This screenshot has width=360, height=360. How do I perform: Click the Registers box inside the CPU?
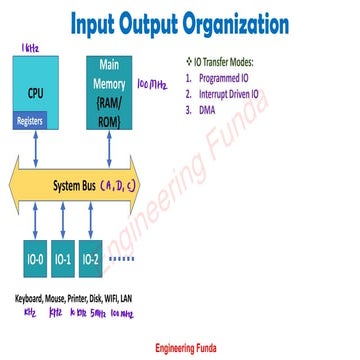pyautogui.click(x=31, y=120)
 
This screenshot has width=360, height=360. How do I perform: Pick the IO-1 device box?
pyautogui.click(x=63, y=260)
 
